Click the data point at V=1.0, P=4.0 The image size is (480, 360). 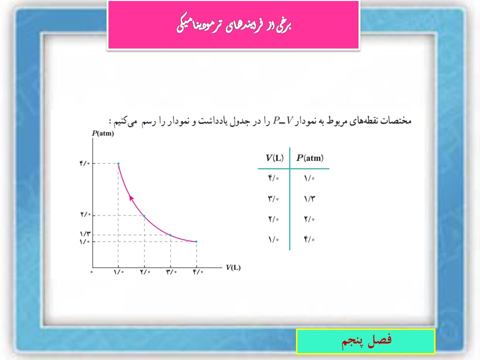(x=118, y=164)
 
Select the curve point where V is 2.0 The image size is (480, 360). (x=144, y=216)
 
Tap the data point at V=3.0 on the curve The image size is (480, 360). (x=170, y=235)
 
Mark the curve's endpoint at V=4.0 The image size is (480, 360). (x=196, y=241)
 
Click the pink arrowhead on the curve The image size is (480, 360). (x=131, y=198)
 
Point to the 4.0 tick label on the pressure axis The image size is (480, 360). (x=85, y=163)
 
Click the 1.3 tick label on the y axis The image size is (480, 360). (x=85, y=234)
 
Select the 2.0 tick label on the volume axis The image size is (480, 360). (x=145, y=272)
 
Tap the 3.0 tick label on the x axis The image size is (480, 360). (x=171, y=272)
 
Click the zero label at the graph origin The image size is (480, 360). (x=91, y=272)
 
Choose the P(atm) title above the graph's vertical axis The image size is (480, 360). (x=103, y=133)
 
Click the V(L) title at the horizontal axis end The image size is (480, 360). (x=233, y=267)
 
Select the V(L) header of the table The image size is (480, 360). (x=274, y=158)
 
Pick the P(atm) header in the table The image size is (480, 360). (x=310, y=158)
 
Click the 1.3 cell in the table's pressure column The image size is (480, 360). (x=309, y=199)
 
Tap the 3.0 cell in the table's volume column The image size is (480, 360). (x=273, y=199)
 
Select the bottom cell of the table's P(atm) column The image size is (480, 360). (x=309, y=239)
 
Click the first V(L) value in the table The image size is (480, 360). (x=273, y=178)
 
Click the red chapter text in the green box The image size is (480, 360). (x=366, y=340)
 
